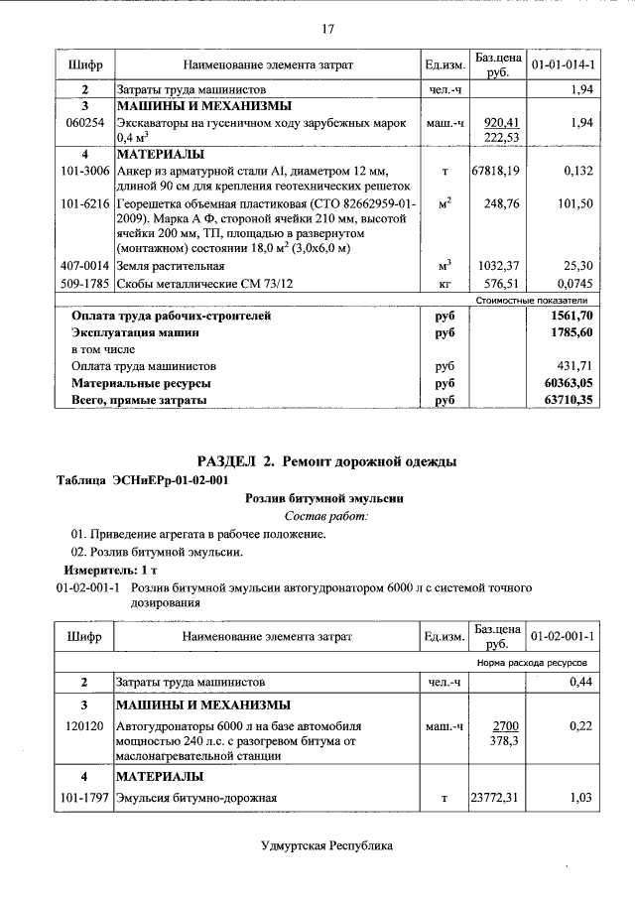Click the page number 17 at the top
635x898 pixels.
pyautogui.click(x=326, y=28)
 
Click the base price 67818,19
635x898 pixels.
pyautogui.click(x=496, y=171)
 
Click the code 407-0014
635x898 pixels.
pyautogui.click(x=84, y=266)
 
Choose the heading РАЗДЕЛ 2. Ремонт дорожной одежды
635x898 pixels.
pyautogui.click(x=326, y=461)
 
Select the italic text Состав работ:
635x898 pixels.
pyautogui.click(x=326, y=516)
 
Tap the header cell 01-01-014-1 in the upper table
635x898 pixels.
pyautogui.click(x=563, y=64)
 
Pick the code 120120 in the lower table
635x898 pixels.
pyautogui.click(x=84, y=726)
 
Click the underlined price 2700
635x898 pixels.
pyautogui.click(x=505, y=726)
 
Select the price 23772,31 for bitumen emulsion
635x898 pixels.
pyautogui.click(x=496, y=797)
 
